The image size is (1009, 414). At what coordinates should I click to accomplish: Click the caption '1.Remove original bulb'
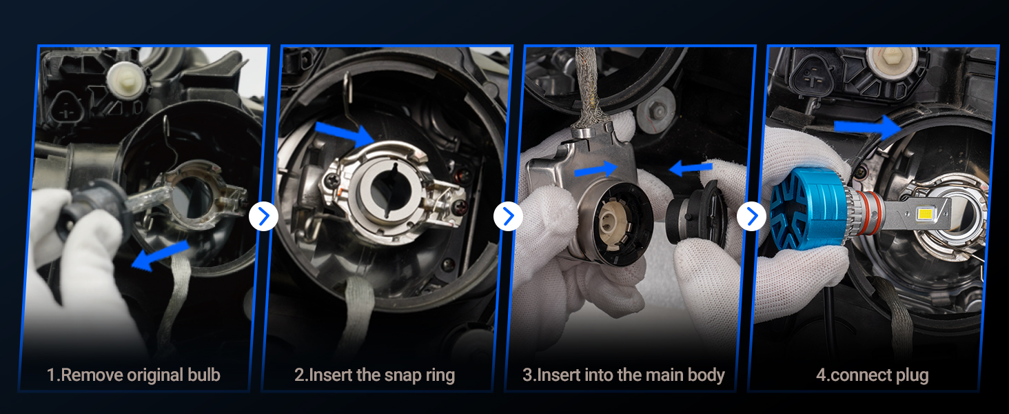click(x=133, y=375)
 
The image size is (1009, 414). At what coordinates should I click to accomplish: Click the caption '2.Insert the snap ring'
click(x=374, y=375)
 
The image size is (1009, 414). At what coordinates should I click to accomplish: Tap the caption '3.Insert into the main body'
click(x=624, y=375)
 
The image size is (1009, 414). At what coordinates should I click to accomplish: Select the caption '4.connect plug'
click(x=873, y=375)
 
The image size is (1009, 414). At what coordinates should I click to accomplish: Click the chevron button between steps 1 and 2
click(x=263, y=217)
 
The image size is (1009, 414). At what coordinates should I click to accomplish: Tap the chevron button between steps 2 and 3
click(x=508, y=217)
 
